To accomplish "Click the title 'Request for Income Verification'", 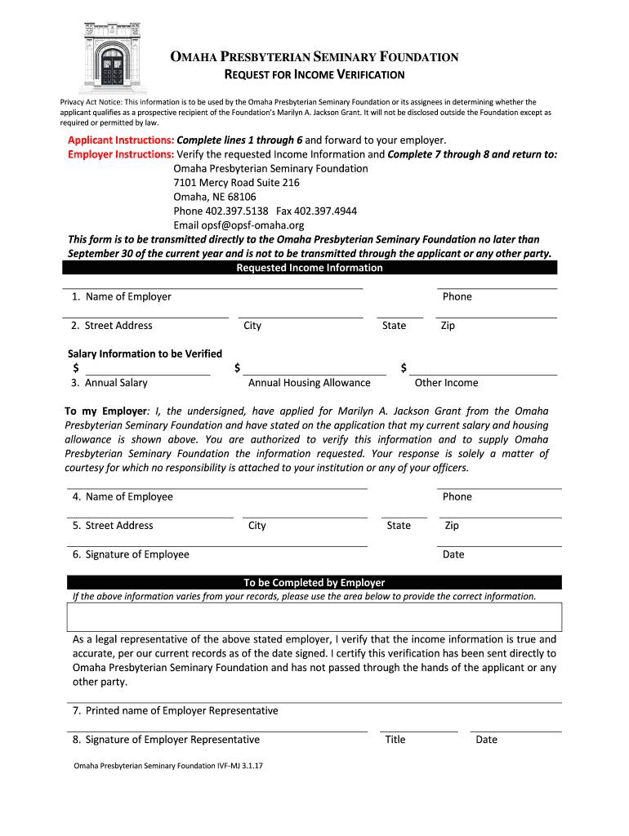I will (314, 75).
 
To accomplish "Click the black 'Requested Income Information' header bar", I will (310, 268).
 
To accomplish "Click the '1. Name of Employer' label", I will (121, 296).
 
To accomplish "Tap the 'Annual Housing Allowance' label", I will (309, 383).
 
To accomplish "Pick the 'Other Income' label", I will (446, 383).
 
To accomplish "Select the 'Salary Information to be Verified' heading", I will (145, 354).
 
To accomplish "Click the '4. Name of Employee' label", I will (123, 496).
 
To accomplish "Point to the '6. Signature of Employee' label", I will (131, 554).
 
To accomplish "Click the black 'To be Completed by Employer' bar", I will (314, 583).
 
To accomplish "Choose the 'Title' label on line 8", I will (395, 740).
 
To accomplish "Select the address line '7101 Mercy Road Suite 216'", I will (236, 183).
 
